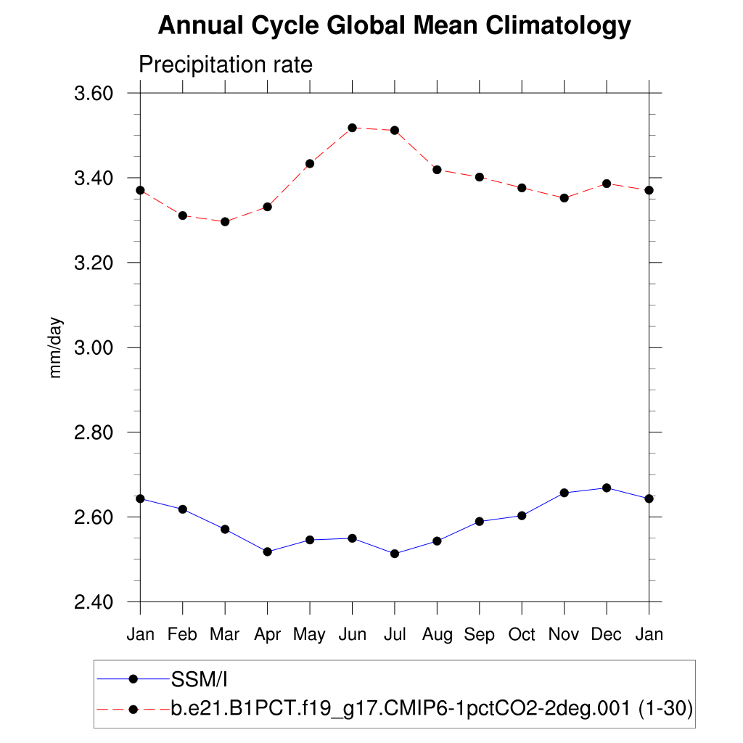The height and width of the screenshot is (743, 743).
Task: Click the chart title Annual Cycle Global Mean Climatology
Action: coord(394,26)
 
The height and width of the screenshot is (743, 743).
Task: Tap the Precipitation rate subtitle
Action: coord(225,65)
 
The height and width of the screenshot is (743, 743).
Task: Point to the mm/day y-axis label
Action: coord(56,348)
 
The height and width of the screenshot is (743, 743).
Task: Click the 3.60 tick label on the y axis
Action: coord(94,94)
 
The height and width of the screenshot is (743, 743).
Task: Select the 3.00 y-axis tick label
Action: coord(94,348)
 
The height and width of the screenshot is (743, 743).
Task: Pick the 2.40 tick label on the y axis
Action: coord(94,602)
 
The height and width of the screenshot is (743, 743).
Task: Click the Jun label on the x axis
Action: coord(353,635)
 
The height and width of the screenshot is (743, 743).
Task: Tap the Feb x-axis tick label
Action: coord(182,635)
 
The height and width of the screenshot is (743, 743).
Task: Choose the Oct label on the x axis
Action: coord(522,635)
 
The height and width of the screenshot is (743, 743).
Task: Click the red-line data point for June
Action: coord(353,128)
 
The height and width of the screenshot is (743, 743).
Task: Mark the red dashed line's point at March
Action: coord(225,222)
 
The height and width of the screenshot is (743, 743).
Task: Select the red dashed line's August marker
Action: coord(437,170)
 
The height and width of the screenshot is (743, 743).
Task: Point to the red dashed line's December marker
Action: coord(607,184)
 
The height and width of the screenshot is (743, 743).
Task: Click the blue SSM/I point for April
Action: coord(268,552)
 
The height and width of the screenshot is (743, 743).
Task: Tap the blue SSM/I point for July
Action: coord(395,554)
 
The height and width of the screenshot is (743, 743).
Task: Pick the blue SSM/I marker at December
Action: coord(607,488)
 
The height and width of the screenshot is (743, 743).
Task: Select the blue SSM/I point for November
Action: coord(564,493)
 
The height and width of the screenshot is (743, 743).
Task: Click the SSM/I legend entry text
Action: coord(200,680)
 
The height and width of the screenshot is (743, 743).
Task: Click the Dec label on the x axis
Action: coord(607,635)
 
